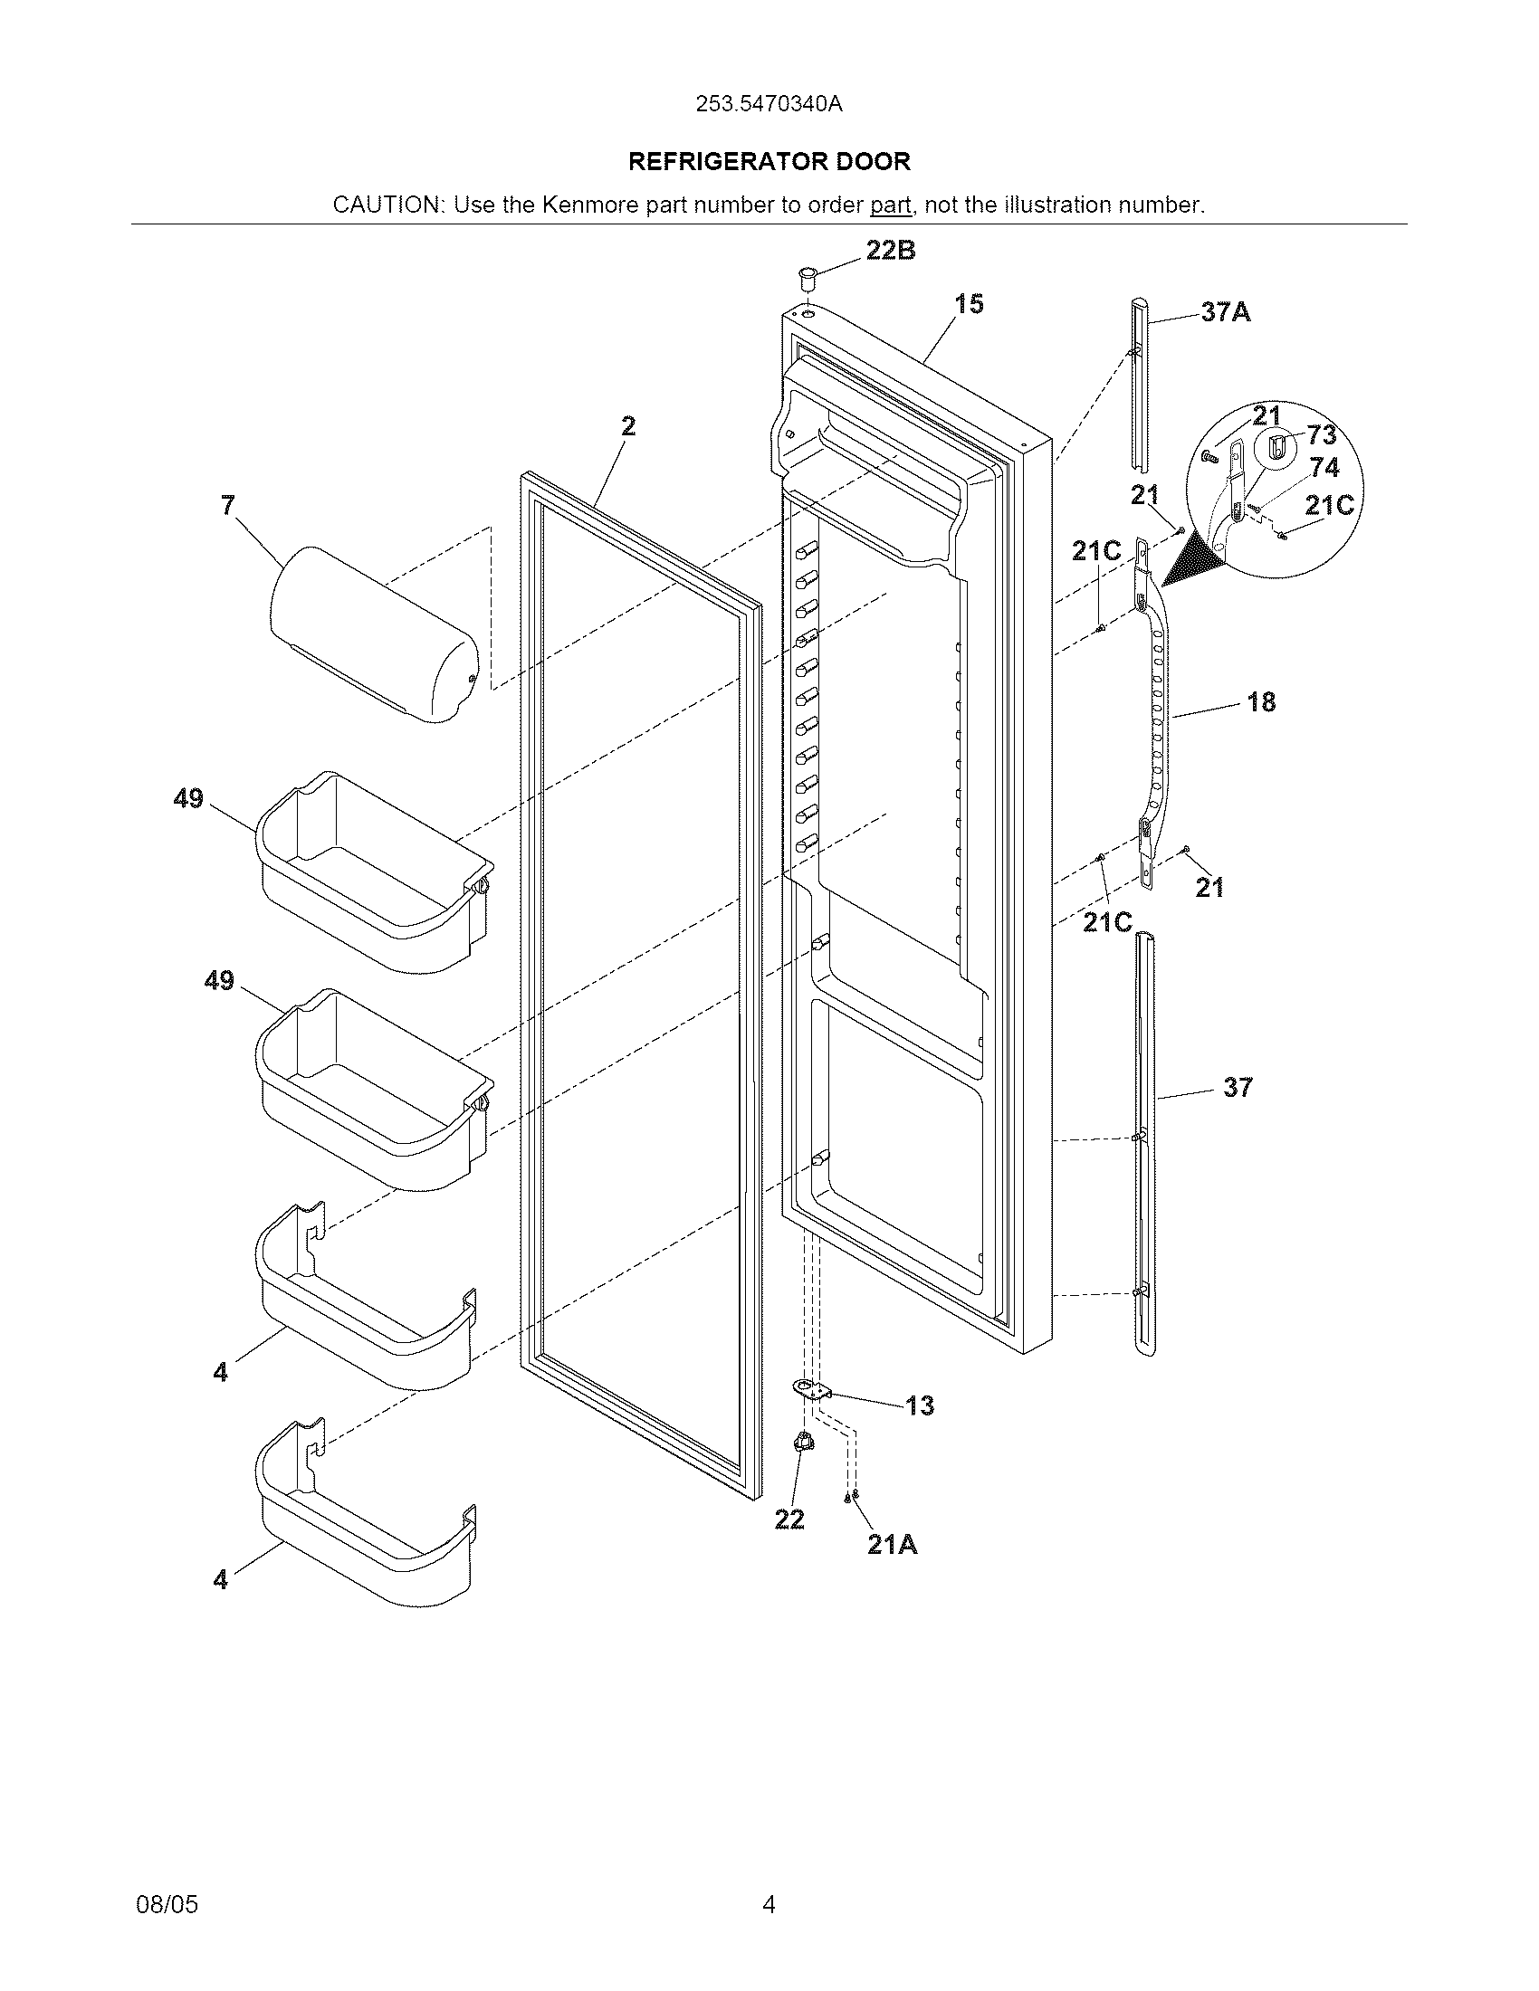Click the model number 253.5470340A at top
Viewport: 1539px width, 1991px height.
[x=769, y=104]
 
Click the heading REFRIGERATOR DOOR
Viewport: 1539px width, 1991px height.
[x=769, y=162]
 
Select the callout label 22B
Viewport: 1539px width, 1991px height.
[x=891, y=251]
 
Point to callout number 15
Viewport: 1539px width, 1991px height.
[x=970, y=304]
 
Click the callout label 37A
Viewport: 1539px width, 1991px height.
[x=1226, y=313]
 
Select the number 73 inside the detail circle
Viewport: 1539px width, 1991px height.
[x=1321, y=434]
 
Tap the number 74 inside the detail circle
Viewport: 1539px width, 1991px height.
[x=1324, y=468]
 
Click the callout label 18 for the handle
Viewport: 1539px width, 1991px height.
[x=1261, y=702]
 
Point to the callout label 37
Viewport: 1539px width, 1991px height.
[x=1238, y=1087]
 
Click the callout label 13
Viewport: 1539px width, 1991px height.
[x=919, y=1405]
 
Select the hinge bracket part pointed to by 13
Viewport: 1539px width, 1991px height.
[x=811, y=1389]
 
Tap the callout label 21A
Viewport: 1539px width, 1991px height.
[x=892, y=1544]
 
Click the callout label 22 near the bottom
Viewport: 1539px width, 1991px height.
[x=789, y=1519]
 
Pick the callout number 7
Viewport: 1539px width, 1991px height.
[x=228, y=505]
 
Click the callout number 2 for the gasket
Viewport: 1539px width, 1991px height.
[x=628, y=426]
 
